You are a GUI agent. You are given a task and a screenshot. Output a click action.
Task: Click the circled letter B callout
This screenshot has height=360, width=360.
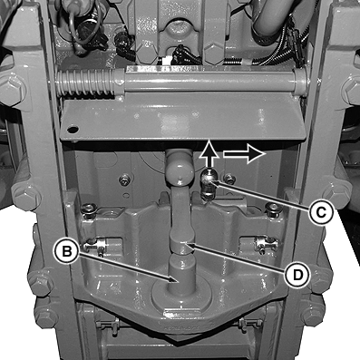[67, 252]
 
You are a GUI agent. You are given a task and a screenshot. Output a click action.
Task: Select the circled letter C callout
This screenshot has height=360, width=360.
[322, 212]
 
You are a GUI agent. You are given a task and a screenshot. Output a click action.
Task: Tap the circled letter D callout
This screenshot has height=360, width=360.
[297, 275]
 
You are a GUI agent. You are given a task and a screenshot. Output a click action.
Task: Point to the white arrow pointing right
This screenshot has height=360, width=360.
[244, 154]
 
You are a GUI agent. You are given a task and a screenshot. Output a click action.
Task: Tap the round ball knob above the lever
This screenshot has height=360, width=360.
[179, 170]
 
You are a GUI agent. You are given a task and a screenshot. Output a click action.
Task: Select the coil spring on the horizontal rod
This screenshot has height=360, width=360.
[86, 83]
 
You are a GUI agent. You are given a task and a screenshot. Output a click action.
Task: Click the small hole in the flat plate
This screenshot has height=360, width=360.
[73, 130]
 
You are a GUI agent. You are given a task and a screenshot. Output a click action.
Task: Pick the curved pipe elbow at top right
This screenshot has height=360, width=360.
[272, 18]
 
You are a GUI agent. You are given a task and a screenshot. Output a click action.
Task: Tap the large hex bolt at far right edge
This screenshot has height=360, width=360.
[352, 89]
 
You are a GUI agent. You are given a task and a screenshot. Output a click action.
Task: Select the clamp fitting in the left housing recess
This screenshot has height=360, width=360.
[96, 245]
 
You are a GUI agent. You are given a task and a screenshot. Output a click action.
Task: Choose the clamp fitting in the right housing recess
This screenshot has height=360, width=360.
[266, 243]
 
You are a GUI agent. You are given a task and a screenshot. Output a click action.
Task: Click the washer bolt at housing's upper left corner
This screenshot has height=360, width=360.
[89, 209]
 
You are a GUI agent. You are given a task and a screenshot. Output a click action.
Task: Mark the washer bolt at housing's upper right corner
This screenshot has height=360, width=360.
[272, 209]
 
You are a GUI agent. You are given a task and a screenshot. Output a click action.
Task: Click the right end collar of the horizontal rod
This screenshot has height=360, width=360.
[300, 83]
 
